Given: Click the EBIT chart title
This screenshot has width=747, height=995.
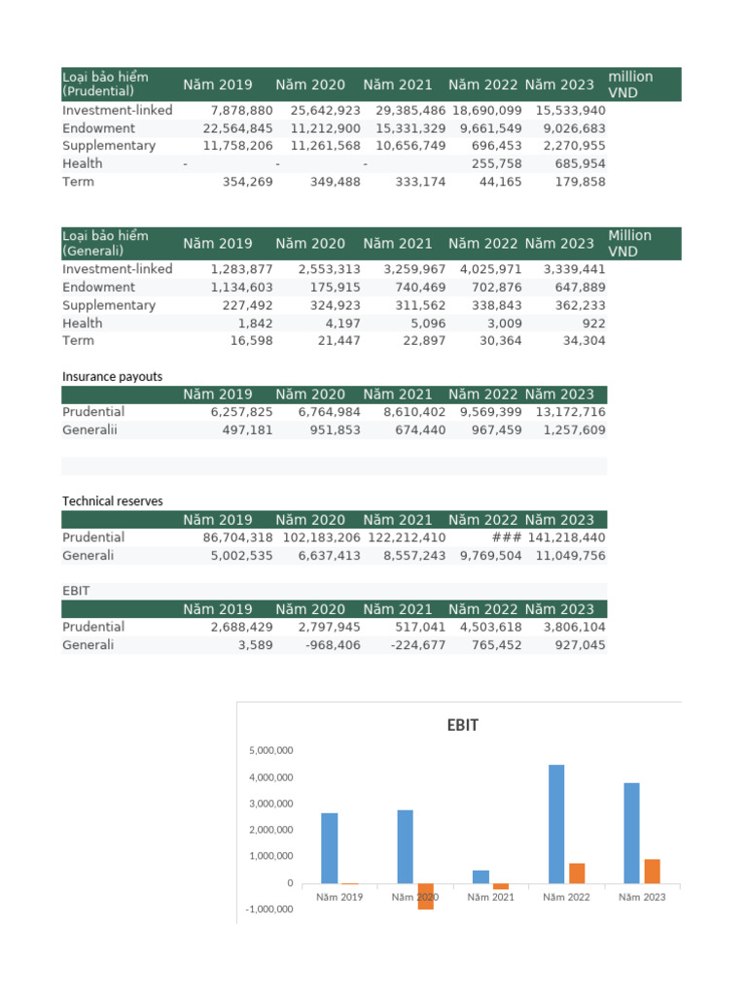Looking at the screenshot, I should [x=462, y=725].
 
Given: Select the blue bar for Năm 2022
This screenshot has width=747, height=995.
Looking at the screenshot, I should [x=556, y=824].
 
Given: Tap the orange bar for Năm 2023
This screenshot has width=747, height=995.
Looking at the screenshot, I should [x=652, y=871].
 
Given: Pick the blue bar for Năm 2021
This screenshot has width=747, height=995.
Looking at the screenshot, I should [x=480, y=876].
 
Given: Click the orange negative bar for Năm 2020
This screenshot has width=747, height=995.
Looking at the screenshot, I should [x=425, y=896].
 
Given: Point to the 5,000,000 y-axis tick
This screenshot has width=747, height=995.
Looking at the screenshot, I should [x=272, y=751].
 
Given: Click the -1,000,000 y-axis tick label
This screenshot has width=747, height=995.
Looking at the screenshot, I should [x=271, y=909].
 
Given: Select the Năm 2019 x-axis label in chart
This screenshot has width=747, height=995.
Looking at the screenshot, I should [x=339, y=897].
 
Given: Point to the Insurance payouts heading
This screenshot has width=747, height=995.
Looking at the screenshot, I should [x=112, y=376].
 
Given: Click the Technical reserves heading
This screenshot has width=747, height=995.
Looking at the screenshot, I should [x=112, y=501].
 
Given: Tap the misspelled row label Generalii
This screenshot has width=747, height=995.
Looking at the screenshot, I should [x=89, y=429].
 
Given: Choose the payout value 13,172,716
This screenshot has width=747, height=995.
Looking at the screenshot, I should [x=567, y=412].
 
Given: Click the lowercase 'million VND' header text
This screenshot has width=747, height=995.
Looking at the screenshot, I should [x=629, y=85].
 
